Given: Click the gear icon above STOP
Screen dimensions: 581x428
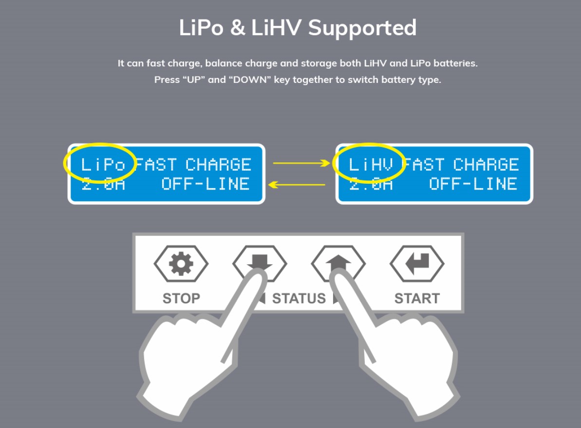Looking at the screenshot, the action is (181, 264).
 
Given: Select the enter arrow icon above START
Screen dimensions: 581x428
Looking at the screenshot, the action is (417, 263).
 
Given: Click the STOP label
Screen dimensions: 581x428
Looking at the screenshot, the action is (181, 298).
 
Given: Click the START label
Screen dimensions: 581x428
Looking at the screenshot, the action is (417, 298).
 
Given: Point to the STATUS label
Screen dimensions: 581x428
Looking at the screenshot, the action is (299, 298).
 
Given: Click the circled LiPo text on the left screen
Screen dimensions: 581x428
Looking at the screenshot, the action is (103, 165).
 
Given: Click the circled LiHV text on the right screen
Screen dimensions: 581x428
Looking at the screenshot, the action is (371, 165).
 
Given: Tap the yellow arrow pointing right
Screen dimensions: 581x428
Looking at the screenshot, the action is (301, 163).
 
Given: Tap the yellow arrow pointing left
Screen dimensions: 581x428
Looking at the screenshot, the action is (297, 184).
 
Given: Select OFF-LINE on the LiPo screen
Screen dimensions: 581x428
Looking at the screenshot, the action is (206, 184).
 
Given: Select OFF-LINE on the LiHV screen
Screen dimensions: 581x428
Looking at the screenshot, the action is (473, 184).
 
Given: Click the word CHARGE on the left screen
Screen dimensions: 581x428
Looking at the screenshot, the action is (218, 165).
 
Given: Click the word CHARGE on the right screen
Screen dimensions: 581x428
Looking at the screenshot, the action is (486, 165).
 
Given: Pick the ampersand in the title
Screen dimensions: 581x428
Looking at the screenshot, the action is (237, 28).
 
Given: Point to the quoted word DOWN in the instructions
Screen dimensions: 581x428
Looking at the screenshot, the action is (250, 80).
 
